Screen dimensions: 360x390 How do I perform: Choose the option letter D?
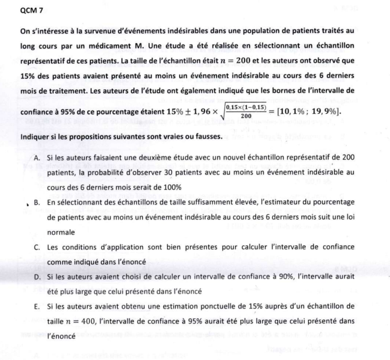pyautogui.click(x=37, y=277)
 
